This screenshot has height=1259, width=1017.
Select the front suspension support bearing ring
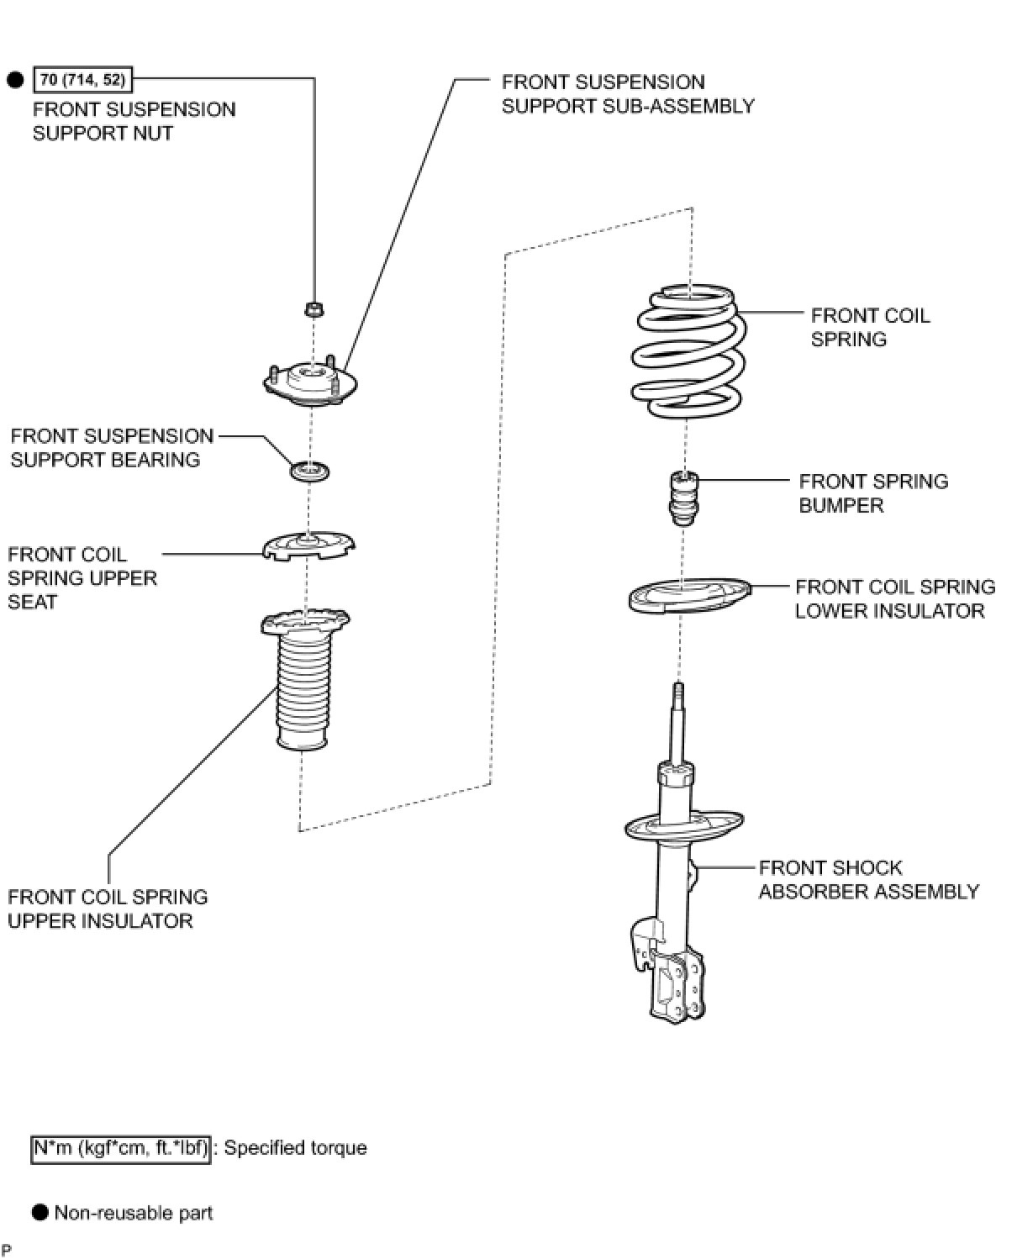[x=309, y=471]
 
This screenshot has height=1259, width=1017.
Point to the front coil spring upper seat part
[x=308, y=546]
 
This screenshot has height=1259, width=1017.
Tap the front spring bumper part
[x=682, y=499]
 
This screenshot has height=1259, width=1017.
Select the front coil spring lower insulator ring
[x=688, y=595]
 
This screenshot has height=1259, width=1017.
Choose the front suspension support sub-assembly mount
[x=310, y=382]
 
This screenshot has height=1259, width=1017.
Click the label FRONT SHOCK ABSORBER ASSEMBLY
[x=868, y=879]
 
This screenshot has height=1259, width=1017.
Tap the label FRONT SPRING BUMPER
[x=872, y=493]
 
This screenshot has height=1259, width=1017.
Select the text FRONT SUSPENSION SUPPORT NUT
[x=134, y=121]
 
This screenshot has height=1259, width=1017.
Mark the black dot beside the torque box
[x=15, y=80]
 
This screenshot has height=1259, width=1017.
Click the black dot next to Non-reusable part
[x=40, y=1212]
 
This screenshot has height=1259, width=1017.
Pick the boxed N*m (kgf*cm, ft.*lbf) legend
[x=120, y=1148]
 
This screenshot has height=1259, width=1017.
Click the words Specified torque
[x=295, y=1148]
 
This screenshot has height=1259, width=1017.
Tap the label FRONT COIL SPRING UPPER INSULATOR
[x=108, y=909]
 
